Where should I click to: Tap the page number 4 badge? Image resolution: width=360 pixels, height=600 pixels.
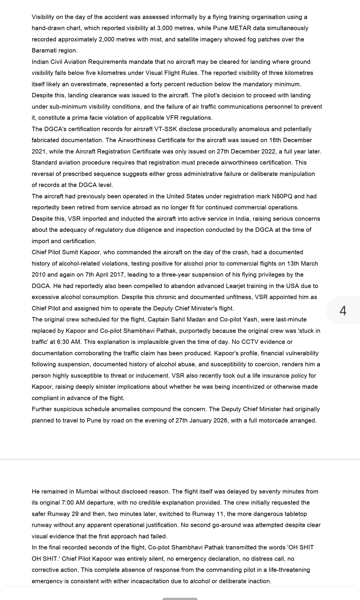343,311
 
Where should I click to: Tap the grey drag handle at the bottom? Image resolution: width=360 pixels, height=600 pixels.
180,599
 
